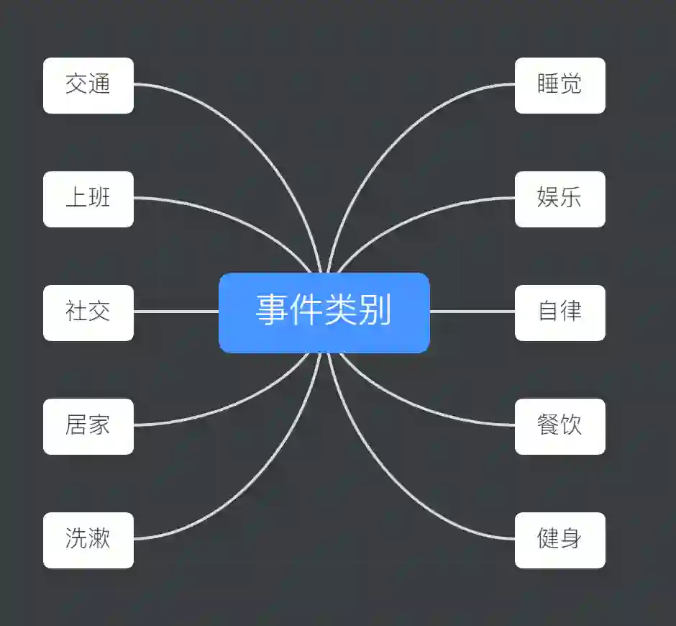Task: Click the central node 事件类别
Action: coord(324,312)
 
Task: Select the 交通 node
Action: coord(88,85)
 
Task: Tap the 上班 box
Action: coord(88,199)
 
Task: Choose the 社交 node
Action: coord(88,312)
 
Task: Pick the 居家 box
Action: coord(88,426)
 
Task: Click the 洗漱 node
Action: coord(88,540)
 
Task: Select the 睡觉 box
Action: coord(559,85)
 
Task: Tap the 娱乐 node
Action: coord(559,199)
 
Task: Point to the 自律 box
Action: coord(559,312)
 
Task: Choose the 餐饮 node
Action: coord(559,426)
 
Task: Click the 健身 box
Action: coord(559,540)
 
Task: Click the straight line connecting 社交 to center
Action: coord(176,312)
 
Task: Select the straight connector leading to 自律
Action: coord(472,312)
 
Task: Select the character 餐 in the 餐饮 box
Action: coord(548,425)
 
